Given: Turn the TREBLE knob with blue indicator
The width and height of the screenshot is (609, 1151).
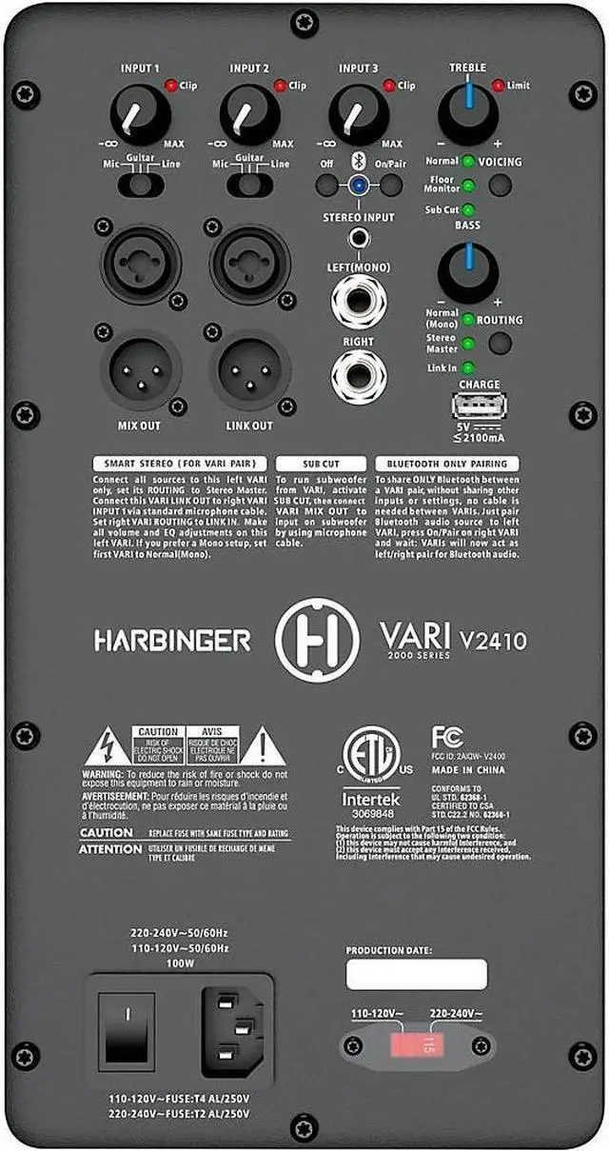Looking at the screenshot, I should [467, 116].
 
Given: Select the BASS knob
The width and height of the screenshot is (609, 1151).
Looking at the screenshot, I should [467, 273].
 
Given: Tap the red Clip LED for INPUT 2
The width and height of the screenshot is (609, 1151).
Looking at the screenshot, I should [281, 86].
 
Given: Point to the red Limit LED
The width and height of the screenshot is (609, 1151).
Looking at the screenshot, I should [498, 86].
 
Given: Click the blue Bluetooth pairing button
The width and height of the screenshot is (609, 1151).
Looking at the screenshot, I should [358, 185].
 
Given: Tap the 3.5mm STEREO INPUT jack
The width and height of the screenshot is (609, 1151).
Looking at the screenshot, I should [359, 239].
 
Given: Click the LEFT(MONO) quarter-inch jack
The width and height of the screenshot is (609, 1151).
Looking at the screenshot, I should [359, 300].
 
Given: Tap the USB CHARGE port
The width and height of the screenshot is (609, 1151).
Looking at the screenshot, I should [480, 406].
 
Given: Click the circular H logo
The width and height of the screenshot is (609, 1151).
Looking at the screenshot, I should [317, 639].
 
